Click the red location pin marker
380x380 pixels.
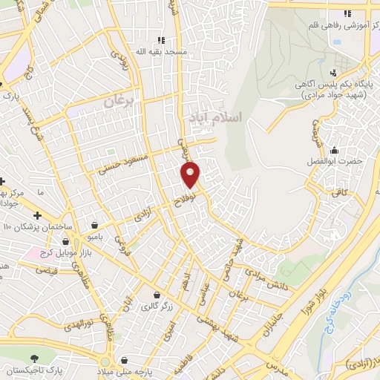pyautogui.click(x=191, y=174)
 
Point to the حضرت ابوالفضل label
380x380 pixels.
pyautogui.click(x=334, y=161)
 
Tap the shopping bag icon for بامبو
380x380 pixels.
pyautogui.click(x=95, y=224)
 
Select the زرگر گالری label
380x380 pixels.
pyautogui.click(x=147, y=305)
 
